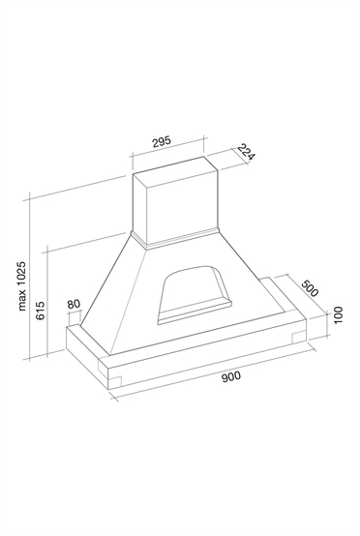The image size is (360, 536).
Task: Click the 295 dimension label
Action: pos(162,141)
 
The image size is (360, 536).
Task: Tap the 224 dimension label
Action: pos(246,153)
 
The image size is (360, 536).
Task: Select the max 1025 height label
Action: pos(22,285)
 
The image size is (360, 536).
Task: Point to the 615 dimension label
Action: pos(41,310)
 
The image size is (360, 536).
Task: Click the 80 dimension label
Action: pos(74,304)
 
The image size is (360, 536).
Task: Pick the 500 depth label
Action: pos(310,288)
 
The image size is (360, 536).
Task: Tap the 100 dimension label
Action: pos(338,314)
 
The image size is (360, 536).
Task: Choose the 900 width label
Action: pos(231,376)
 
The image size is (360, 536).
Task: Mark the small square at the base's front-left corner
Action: pos(115,382)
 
